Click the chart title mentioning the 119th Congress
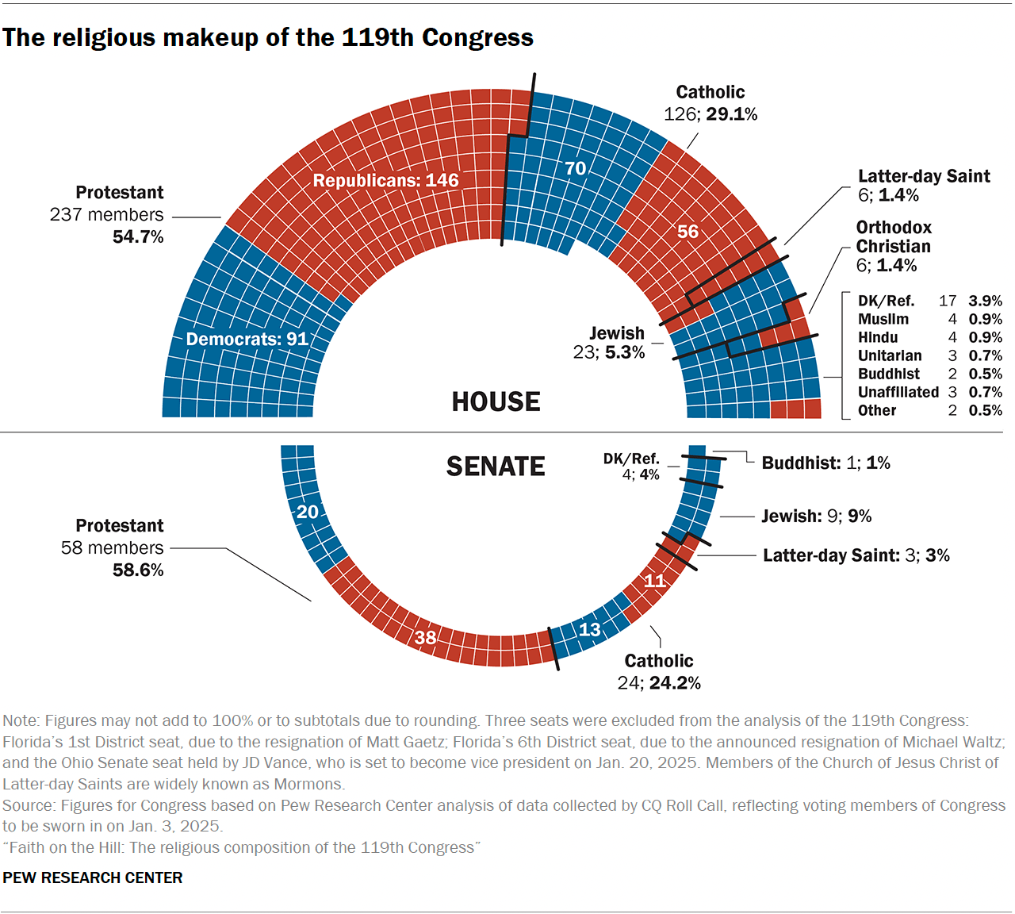tap(268, 37)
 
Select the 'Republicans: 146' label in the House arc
tap(385, 181)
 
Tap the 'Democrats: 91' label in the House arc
tap(247, 339)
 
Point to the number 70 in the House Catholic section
tap(575, 168)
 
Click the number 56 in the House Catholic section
tap(688, 232)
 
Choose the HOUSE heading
tap(496, 402)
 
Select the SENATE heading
tap(496, 467)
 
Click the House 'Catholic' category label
tap(710, 92)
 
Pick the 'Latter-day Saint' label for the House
tap(924, 176)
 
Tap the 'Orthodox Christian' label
tap(894, 236)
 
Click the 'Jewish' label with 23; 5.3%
tap(616, 333)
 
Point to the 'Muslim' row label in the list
tap(883, 319)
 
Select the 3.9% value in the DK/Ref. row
tap(985, 301)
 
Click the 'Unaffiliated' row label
tap(898, 392)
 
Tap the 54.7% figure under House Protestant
tap(138, 236)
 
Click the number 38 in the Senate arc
tap(426, 637)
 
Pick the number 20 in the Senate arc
tap(308, 512)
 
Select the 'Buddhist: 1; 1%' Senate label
tap(825, 463)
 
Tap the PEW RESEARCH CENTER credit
tap(93, 878)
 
